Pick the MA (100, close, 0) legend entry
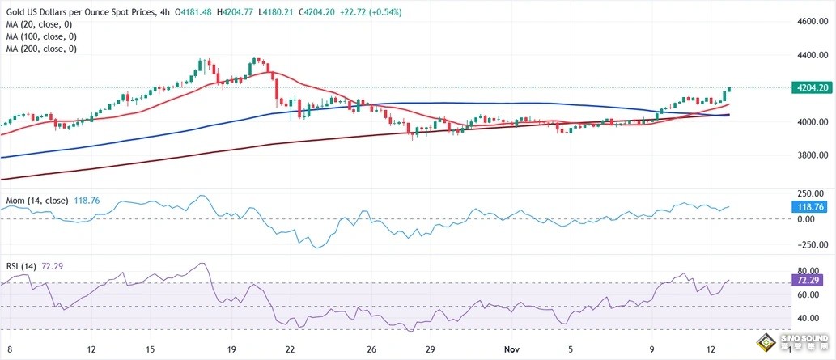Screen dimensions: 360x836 (x=41, y=36)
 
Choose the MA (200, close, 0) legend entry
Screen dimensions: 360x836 (x=41, y=49)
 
